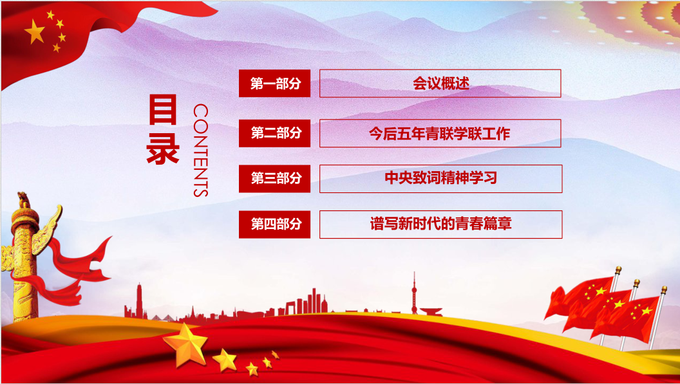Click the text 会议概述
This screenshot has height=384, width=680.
[x=440, y=84]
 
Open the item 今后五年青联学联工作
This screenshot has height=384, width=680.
[x=440, y=133]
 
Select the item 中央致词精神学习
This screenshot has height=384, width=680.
[x=440, y=179]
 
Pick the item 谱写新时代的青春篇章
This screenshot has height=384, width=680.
[x=440, y=224]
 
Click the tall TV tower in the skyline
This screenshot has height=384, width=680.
[x=414, y=293]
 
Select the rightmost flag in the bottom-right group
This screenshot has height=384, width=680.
[x=634, y=315]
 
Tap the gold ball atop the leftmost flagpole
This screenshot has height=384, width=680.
[x=618, y=270]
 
